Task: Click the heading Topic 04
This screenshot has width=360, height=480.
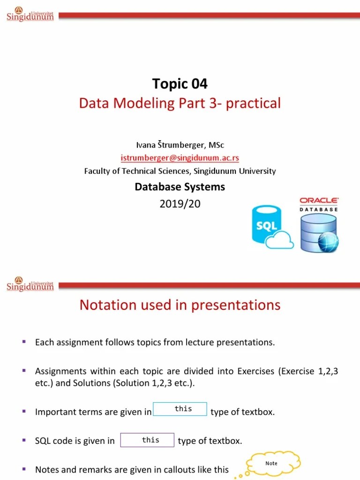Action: (180, 84)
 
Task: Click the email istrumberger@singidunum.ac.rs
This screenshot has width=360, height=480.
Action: (180, 158)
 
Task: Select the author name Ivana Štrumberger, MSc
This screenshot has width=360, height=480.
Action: (180, 145)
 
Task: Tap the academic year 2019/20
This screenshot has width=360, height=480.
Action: (180, 203)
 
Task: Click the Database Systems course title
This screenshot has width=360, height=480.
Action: (180, 187)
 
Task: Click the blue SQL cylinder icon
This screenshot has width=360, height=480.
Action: (265, 224)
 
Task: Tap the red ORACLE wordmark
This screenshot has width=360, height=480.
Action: (319, 201)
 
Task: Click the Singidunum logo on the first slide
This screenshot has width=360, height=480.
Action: (30, 15)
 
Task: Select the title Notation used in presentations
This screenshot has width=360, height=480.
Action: (180, 305)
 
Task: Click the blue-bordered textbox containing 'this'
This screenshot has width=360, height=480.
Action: (180, 409)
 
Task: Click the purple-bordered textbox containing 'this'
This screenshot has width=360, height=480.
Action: (147, 440)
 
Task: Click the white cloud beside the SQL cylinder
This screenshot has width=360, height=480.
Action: (280, 241)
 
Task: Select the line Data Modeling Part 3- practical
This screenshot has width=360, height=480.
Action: (180, 103)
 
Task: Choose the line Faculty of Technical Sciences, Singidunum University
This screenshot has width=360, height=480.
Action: (180, 171)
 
